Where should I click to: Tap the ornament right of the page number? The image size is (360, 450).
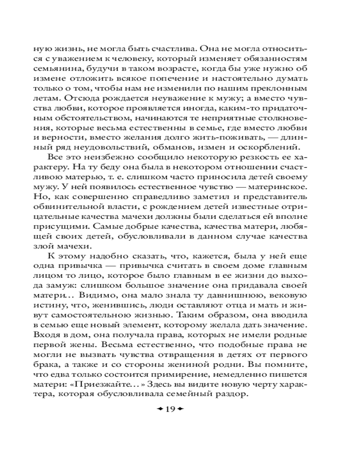[181, 409]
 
